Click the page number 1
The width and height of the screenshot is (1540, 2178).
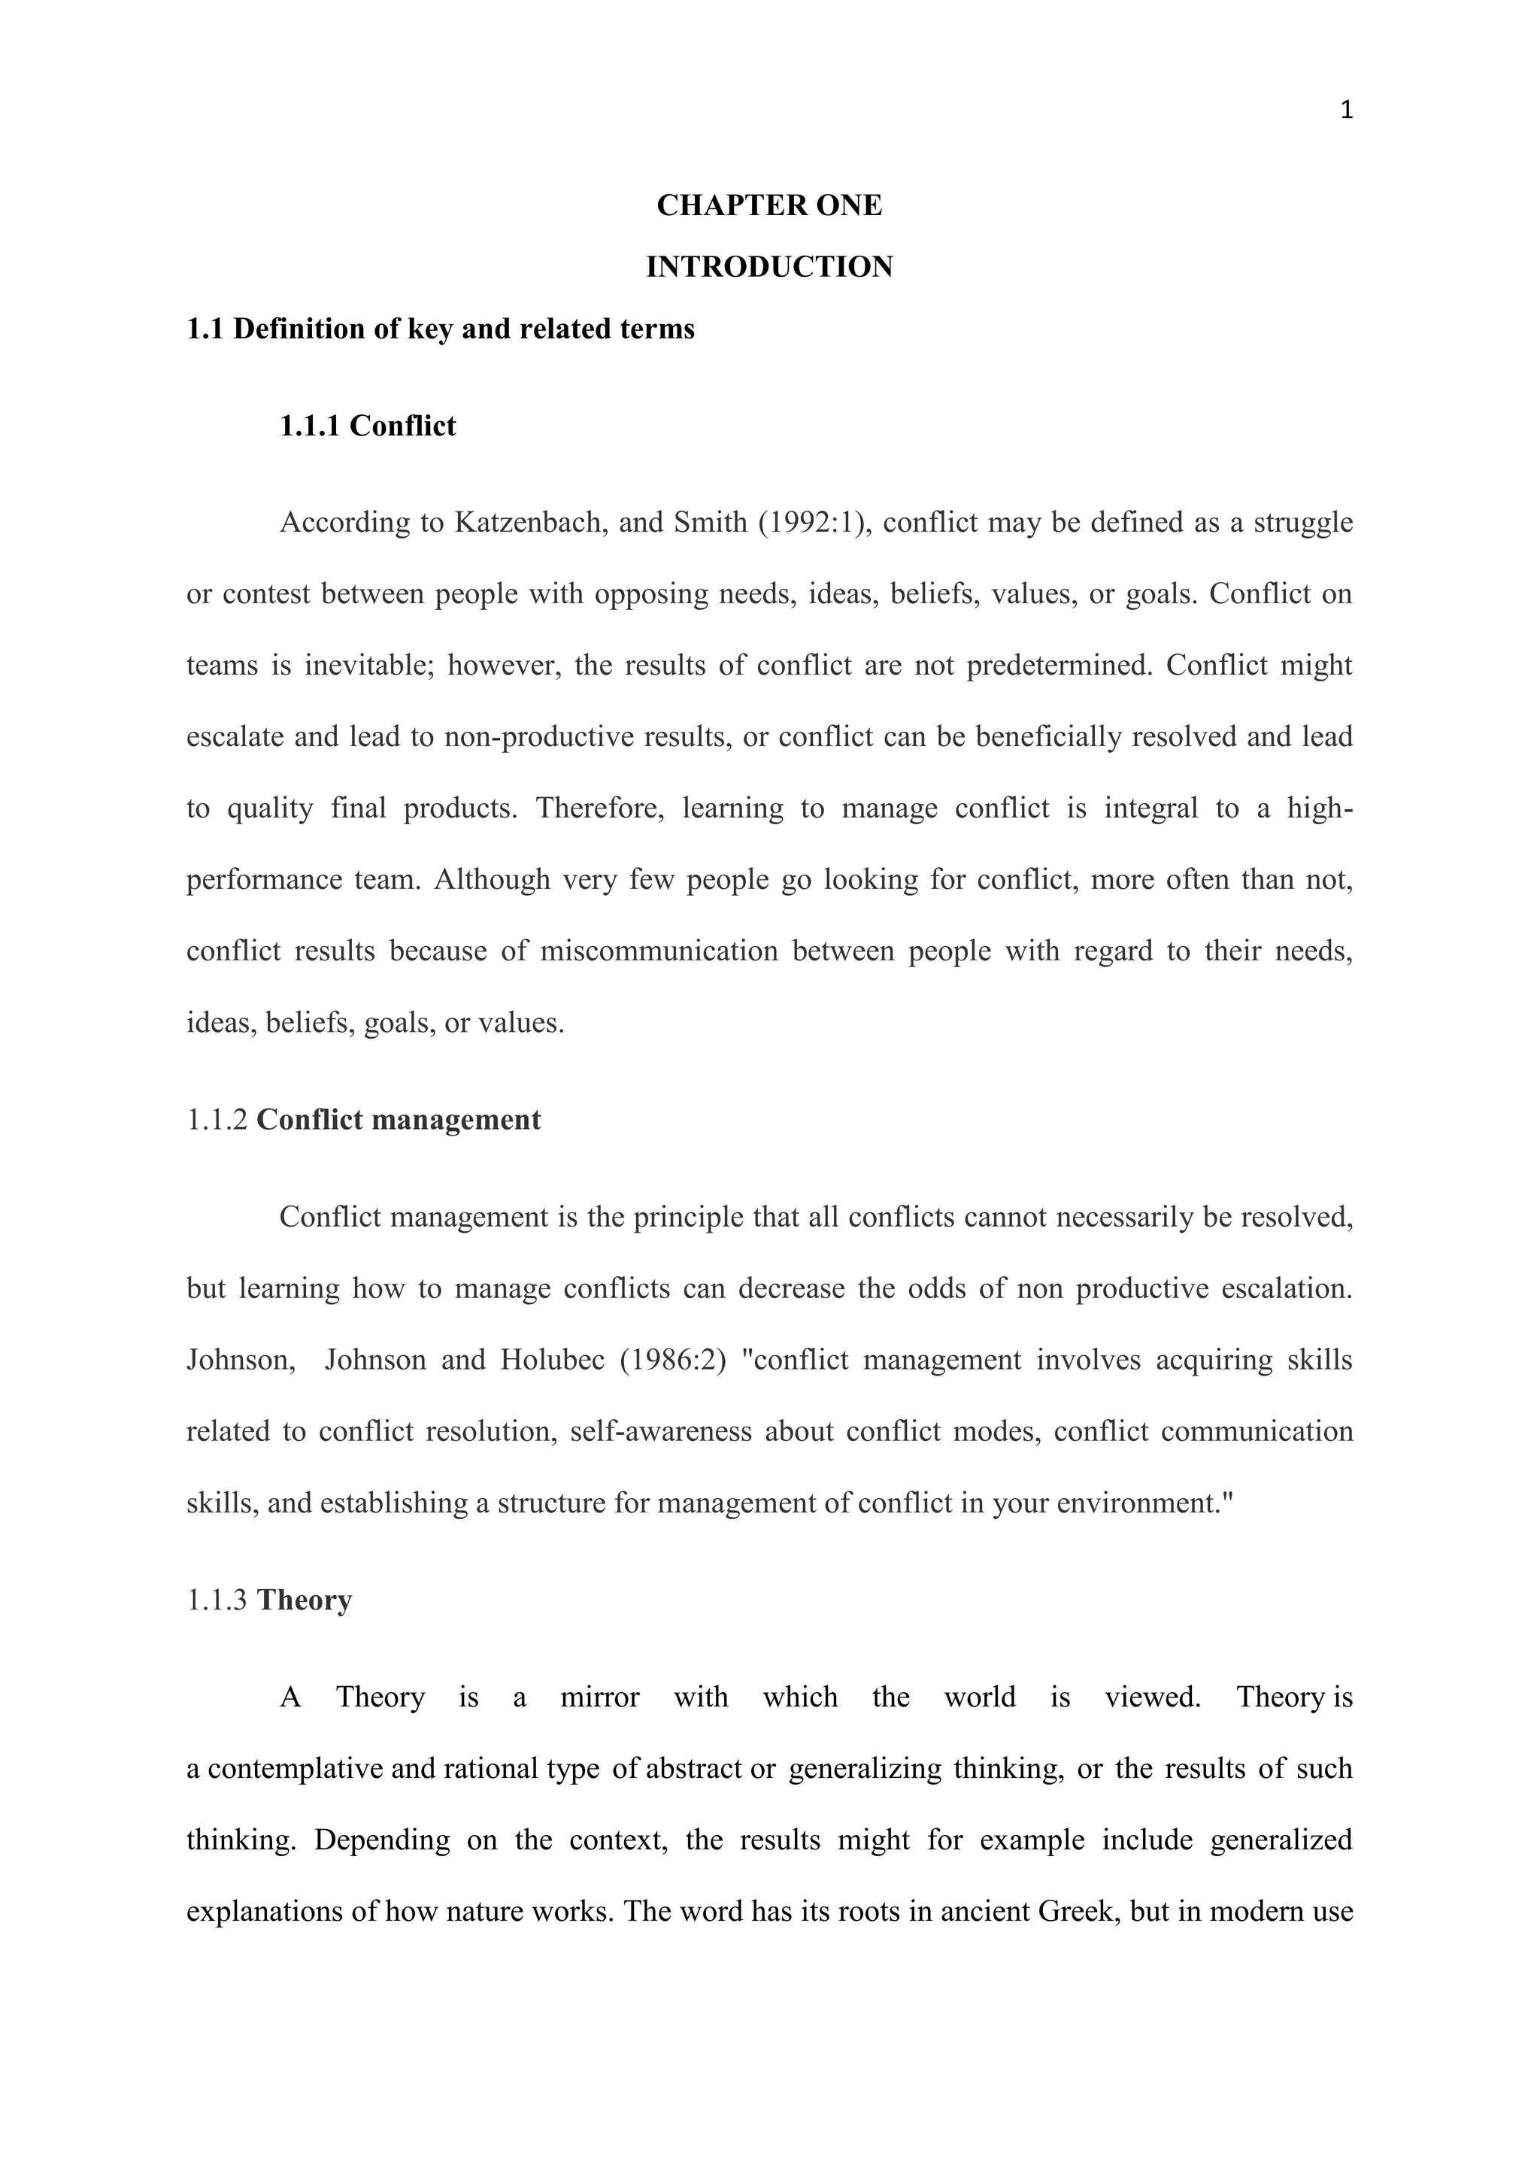[x=1345, y=111]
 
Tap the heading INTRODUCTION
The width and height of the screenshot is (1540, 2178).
[x=769, y=268]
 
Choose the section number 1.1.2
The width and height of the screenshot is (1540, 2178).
[x=217, y=1121]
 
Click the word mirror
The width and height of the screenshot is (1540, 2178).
[x=599, y=1697]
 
